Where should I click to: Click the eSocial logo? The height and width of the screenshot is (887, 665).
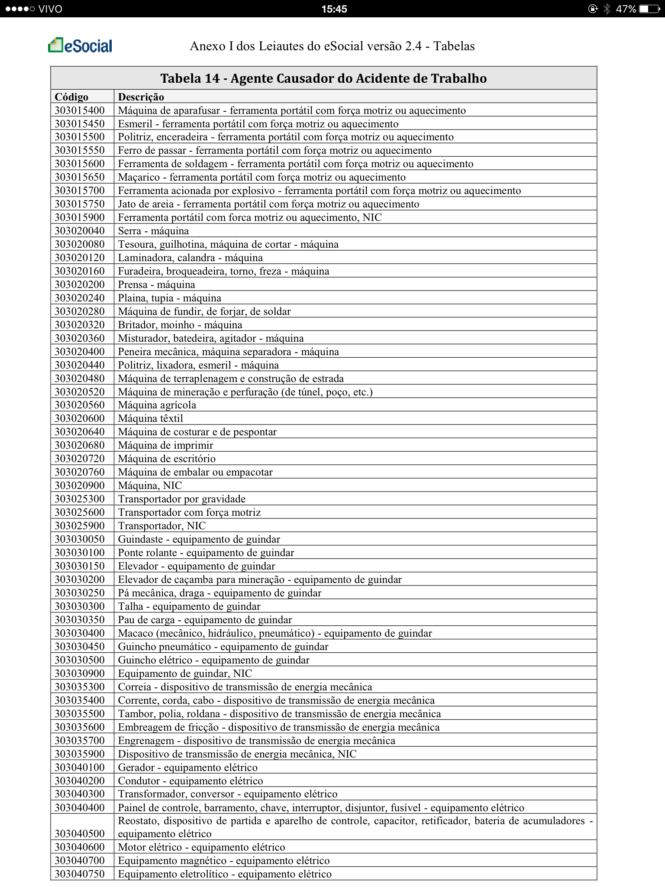(x=80, y=45)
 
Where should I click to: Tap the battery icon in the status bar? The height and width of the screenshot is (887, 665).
(x=649, y=9)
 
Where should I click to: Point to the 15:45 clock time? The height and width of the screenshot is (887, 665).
(x=334, y=9)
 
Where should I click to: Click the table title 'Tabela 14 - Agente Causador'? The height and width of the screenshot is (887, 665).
(x=323, y=78)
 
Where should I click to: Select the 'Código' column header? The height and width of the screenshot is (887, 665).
(x=71, y=97)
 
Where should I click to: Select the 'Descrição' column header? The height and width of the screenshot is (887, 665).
(x=141, y=97)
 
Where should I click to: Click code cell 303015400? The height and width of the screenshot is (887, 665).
(x=80, y=110)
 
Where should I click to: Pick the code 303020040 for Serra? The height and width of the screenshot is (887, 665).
(x=80, y=231)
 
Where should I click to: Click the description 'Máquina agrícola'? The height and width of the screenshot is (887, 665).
(x=157, y=405)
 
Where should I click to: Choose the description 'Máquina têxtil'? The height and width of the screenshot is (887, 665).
(x=151, y=418)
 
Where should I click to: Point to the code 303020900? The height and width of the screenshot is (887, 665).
(x=80, y=486)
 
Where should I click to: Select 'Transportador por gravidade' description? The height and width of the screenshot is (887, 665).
(x=182, y=499)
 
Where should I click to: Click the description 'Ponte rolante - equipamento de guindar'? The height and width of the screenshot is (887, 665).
(x=206, y=553)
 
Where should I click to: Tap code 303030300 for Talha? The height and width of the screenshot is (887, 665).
(x=80, y=606)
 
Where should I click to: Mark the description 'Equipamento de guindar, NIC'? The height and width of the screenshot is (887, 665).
(x=185, y=673)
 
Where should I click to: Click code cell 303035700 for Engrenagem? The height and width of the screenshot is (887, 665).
(x=80, y=741)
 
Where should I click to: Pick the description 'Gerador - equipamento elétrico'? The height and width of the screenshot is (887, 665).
(x=188, y=767)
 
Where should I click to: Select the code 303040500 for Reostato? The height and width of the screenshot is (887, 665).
(x=80, y=834)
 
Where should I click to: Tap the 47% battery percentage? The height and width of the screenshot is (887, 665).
(x=626, y=9)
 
